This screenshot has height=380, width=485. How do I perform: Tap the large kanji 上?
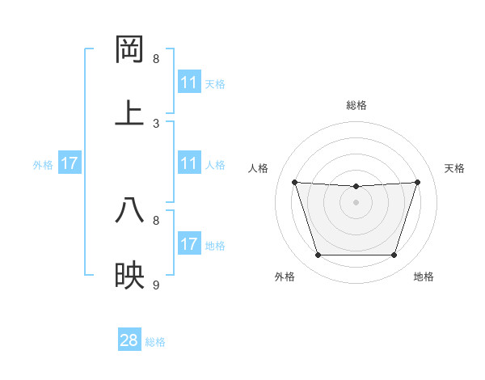click(x=130, y=113)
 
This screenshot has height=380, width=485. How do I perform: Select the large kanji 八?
click(x=130, y=210)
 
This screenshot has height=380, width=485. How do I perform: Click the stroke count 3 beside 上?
click(x=156, y=124)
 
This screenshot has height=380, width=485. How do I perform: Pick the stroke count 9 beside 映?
click(x=156, y=285)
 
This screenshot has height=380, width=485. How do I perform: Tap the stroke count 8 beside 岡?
click(x=156, y=59)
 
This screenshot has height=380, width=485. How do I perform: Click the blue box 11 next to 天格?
click(x=189, y=82)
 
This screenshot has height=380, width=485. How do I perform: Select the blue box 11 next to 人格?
click(x=189, y=163)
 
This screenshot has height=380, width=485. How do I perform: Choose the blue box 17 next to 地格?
click(x=189, y=244)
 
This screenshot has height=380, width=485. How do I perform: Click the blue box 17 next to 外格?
click(x=70, y=163)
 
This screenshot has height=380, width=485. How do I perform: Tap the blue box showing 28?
click(x=129, y=340)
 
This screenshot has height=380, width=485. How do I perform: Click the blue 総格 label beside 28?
click(x=155, y=342)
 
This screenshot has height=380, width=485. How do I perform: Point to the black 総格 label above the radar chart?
click(x=356, y=105)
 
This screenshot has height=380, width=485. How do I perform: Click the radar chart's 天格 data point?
click(x=417, y=182)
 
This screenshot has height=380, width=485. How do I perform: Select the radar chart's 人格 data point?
click(x=295, y=182)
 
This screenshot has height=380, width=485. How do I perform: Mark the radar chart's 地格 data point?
click(x=394, y=255)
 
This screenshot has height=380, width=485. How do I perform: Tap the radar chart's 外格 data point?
click(x=318, y=255)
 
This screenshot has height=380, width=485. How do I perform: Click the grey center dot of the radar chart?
click(x=356, y=202)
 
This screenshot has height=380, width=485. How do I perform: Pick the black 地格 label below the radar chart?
click(x=424, y=277)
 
